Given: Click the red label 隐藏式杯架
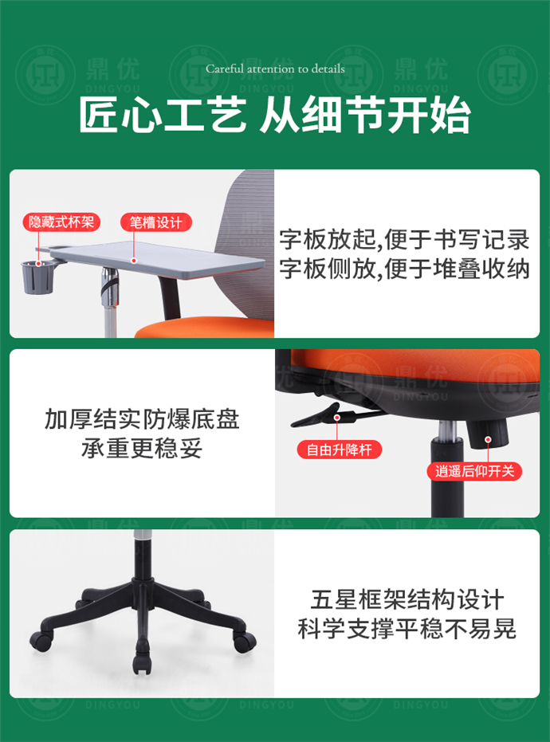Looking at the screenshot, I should pos(61,222).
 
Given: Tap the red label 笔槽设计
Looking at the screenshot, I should pos(156,222).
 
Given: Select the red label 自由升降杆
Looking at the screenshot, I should pos(340,450).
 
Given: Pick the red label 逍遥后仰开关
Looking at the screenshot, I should pos(475,470).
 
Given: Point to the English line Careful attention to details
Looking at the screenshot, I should pos(275,69).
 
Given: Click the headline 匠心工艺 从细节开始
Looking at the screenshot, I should pos(275,116).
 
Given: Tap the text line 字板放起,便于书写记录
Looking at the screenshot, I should pos(404,239).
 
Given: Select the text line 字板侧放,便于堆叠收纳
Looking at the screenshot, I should pos(404,269).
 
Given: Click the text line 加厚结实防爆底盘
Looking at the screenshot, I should pos(142,419).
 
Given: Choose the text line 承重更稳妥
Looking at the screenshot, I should pos(142,449).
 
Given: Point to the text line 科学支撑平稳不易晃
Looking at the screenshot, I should pos(407,629).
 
